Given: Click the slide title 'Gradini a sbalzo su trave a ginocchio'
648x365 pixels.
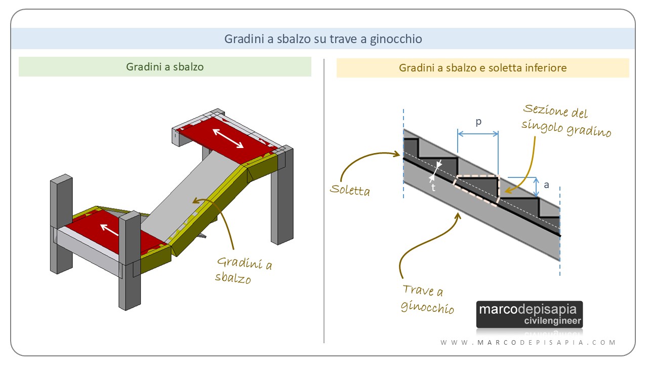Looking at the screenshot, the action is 323,39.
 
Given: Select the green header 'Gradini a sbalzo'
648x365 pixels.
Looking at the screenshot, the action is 165,67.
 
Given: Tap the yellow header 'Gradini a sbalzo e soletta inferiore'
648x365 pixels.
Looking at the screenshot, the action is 482,68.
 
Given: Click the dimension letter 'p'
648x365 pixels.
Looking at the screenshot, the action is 479,122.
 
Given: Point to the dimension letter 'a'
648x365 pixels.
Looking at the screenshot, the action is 546,185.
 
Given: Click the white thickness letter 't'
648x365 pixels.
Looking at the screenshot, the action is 433,188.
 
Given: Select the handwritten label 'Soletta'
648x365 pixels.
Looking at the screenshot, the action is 350,190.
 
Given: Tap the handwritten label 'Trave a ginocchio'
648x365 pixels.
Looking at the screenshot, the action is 427,299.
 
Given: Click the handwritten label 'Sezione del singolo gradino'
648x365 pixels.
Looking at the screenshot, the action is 566,120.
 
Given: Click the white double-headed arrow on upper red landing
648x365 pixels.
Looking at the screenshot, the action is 228,138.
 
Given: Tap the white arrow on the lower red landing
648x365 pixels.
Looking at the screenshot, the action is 109,230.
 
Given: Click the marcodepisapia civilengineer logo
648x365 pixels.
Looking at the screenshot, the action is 530,314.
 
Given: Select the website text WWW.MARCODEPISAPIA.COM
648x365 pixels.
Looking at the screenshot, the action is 528,342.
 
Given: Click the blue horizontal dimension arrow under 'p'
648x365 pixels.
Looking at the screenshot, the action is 478,134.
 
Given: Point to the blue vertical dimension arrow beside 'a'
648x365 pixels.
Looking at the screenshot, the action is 536,187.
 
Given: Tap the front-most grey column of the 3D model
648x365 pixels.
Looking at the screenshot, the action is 130,261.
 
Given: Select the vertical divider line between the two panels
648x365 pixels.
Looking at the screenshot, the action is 324,201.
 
